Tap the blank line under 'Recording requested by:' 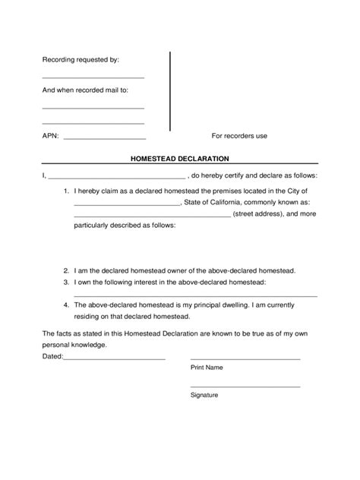click(x=93, y=78)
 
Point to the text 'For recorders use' click(x=238, y=137)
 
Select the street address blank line click(x=152, y=217)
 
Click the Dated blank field click(x=115, y=358)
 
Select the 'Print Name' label click(x=206, y=367)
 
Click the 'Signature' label click(x=204, y=395)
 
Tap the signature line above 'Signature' click(x=245, y=387)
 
